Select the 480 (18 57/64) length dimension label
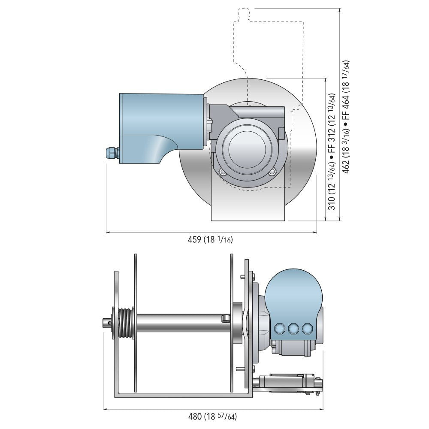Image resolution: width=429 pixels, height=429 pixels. [x=212, y=416]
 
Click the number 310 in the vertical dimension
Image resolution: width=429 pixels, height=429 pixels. [x=332, y=202]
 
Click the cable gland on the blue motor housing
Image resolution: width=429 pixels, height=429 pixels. [x=110, y=153]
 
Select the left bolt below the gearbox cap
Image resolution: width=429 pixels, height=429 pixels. [x=222, y=172]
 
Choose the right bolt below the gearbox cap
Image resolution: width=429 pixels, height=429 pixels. [x=272, y=172]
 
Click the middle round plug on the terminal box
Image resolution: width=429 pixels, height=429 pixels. [x=293, y=329]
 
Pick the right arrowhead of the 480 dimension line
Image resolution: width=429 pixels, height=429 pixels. [x=321, y=409]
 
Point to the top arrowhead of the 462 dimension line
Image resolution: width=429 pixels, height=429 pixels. [x=340, y=10]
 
